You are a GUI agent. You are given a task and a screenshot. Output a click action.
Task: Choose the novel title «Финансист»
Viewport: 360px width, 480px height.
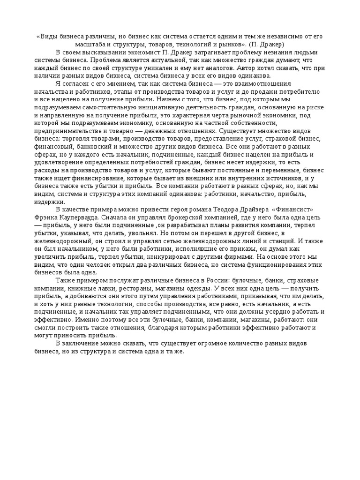tap(292, 209)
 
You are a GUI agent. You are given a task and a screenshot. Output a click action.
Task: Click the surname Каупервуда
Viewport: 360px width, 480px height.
tap(76, 217)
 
